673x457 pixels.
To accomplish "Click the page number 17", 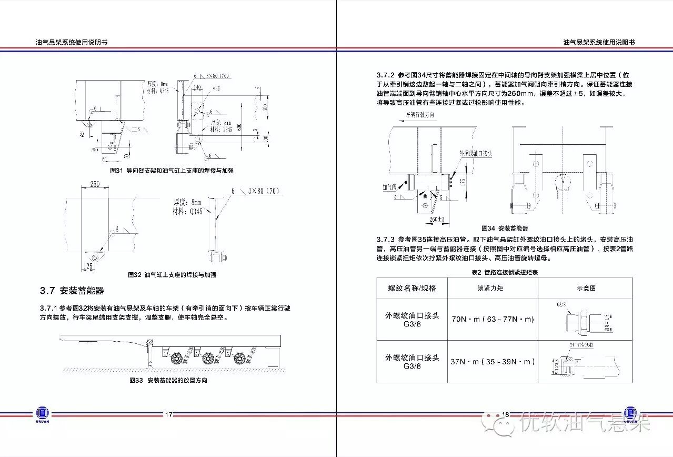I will click(x=168, y=415).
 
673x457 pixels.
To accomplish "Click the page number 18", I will click(x=506, y=415).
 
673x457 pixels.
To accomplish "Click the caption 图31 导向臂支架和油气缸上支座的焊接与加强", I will click(x=172, y=171).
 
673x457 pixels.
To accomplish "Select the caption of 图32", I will click(x=172, y=275).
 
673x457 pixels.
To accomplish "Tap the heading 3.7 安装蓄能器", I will click(x=72, y=291).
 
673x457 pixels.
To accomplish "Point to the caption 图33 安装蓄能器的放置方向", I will click(x=168, y=380).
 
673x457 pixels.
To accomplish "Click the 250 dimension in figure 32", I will click(x=95, y=184).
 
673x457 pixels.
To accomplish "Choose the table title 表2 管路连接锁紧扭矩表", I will click(x=505, y=272).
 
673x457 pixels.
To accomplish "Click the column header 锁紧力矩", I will click(x=490, y=289).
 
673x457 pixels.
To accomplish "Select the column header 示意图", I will click(x=586, y=289).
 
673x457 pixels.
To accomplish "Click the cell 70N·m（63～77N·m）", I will click(x=492, y=320).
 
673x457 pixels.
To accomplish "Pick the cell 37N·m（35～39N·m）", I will click(x=492, y=362).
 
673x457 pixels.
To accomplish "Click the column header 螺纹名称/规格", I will click(x=412, y=289).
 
